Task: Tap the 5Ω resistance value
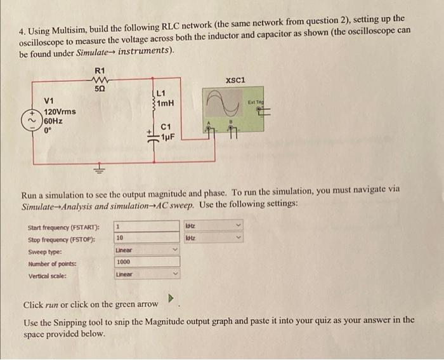tap(100, 89)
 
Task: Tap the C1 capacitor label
tap(166, 127)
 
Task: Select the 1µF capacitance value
tap(168, 137)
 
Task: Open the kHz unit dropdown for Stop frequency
tap(213, 238)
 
